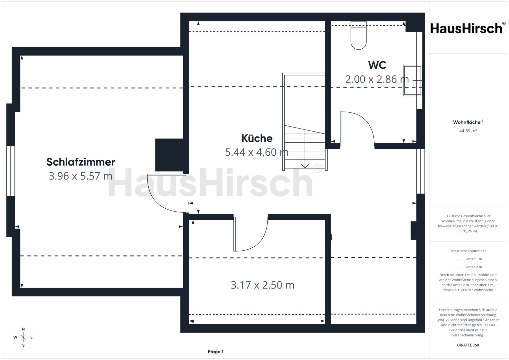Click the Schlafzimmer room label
[x=81, y=162]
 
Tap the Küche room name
[x=257, y=138]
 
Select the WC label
[x=377, y=65]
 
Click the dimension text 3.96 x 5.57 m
[x=80, y=176]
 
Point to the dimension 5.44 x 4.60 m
[x=257, y=152]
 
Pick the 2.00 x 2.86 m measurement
[x=377, y=79]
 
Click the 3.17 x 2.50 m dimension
[x=262, y=285]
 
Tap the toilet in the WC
[x=359, y=35]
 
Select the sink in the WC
[x=412, y=80]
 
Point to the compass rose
[x=23, y=337]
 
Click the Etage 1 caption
[x=216, y=352]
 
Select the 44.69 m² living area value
[x=468, y=131]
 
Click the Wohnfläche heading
[x=468, y=122]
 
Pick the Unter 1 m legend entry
[x=468, y=259]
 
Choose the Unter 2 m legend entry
[x=468, y=267]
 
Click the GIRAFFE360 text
[x=468, y=345]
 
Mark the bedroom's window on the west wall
[x=10, y=171]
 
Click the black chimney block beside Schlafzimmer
[x=169, y=155]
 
